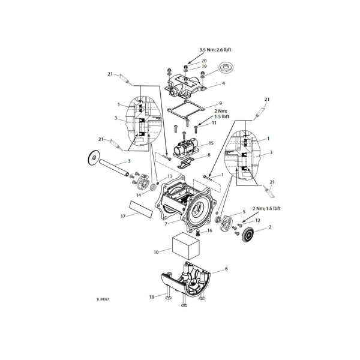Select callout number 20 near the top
[204, 61]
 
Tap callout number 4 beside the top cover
[223, 83]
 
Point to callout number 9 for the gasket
[220, 103]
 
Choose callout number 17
[122, 215]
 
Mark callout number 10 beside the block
[157, 252]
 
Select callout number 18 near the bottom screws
[152, 296]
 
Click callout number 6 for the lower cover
[226, 270]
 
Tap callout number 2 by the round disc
[270, 227]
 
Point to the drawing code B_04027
[103, 299]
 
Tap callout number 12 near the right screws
[257, 221]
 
